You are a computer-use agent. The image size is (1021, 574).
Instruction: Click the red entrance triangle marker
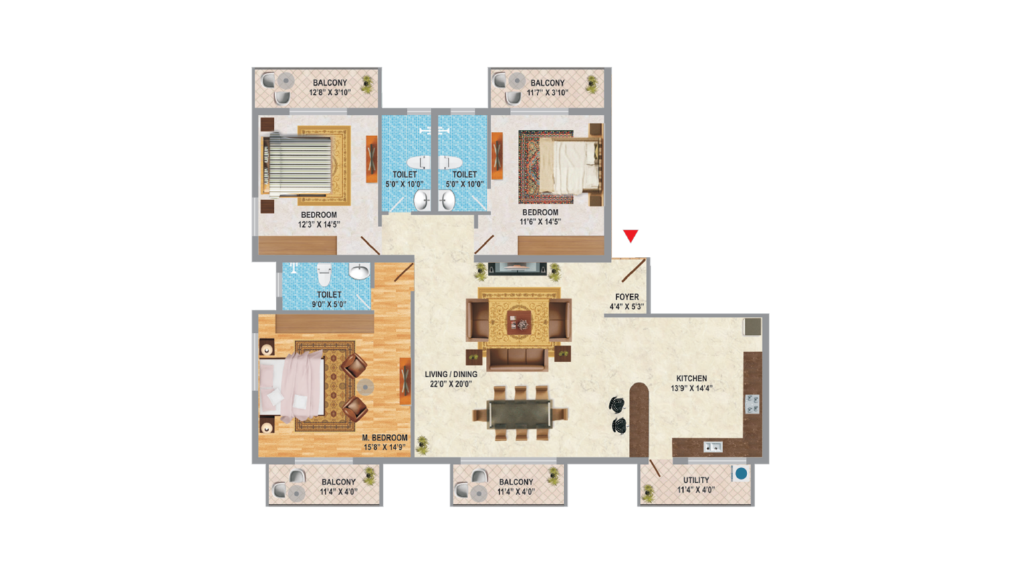(x=631, y=236)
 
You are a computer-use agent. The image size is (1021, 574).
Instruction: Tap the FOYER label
(x=627, y=296)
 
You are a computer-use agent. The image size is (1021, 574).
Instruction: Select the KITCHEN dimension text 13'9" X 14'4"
(x=691, y=388)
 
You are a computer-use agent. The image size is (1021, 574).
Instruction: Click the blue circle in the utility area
(x=741, y=474)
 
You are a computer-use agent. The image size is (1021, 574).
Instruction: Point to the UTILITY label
(x=696, y=480)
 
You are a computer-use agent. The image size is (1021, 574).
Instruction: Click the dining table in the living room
(x=520, y=414)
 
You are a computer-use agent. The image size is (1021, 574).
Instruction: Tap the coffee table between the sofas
(x=519, y=322)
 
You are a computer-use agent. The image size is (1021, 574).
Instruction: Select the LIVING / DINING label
(x=451, y=374)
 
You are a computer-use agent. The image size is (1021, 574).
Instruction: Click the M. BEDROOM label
(x=385, y=438)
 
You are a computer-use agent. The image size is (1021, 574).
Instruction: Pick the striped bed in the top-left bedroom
(x=296, y=165)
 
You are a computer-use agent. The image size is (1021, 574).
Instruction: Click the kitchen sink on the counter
(x=713, y=447)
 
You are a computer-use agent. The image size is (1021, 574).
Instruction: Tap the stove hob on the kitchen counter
(x=752, y=404)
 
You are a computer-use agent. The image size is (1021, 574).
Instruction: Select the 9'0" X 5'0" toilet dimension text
(x=329, y=304)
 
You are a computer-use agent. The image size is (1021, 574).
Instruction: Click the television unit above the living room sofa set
(x=517, y=268)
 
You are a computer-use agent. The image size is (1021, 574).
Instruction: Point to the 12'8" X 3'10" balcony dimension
(x=330, y=92)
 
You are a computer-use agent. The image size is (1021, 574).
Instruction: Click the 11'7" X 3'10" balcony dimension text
(x=548, y=92)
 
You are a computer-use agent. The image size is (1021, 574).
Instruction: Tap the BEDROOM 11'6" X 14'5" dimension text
(x=540, y=222)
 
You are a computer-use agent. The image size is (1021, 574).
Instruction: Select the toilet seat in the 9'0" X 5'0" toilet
(x=324, y=274)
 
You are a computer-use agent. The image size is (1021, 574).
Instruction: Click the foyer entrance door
(x=633, y=270)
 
